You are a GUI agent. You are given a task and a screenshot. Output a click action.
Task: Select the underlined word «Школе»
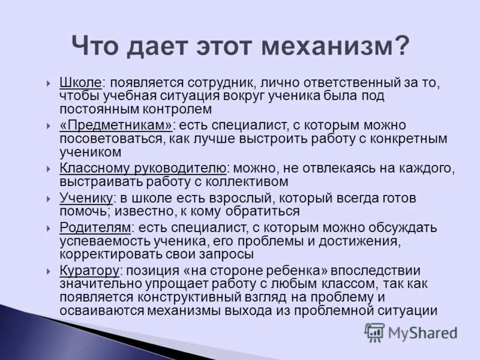click(81, 82)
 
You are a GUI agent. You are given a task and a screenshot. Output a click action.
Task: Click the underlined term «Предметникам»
click(116, 125)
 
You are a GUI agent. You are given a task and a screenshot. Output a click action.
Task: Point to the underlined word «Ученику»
click(86, 198)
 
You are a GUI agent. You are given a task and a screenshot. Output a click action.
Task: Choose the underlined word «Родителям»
click(95, 227)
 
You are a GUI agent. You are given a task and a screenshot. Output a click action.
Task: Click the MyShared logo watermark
click(411, 332)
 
